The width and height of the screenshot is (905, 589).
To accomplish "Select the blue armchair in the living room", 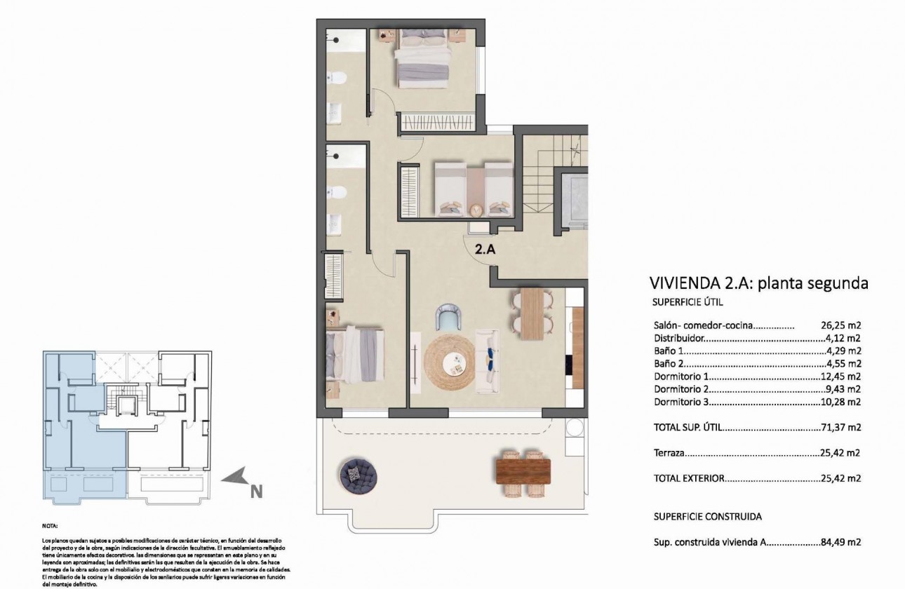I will click(449, 317).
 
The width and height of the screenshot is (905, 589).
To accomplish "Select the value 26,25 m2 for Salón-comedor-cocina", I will click(840, 325).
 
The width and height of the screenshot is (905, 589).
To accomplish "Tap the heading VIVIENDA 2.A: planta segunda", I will click(759, 283).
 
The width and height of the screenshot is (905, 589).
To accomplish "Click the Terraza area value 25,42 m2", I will click(840, 453).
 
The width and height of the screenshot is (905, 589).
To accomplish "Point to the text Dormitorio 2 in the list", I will click(681, 389).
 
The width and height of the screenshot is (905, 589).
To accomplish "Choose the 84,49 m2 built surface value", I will click(840, 542).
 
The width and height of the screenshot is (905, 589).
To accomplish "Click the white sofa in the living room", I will click(487, 361).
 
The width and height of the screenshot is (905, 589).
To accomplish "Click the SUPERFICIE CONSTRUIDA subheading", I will click(707, 516).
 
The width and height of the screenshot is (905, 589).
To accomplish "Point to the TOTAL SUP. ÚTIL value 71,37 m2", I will click(840, 427).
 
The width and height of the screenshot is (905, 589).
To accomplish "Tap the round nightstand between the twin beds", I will click(476, 208).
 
